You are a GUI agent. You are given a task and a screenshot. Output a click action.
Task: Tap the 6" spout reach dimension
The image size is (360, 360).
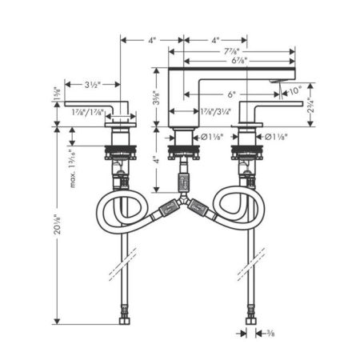pyautogui.click(x=231, y=94)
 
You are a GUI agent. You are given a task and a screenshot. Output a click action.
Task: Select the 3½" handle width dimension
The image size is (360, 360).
pyautogui.click(x=92, y=82)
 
